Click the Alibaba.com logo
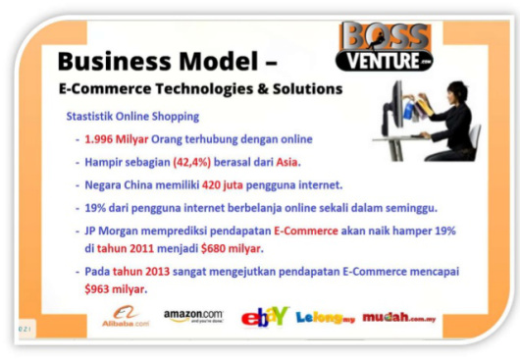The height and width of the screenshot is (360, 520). tap(125, 315)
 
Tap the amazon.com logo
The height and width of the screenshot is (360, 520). tap(192, 316)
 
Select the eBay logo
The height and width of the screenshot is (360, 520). tap(264, 315)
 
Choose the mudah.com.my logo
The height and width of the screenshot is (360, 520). tap(400, 316)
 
